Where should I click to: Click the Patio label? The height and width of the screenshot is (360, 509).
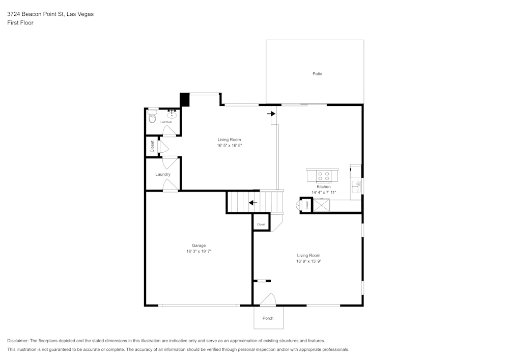pos(317,74)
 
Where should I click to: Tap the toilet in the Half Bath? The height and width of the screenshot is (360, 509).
pos(152,118)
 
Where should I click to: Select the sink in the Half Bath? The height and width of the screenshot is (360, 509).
pos(172,114)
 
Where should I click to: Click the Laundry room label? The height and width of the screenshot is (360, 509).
pos(163,174)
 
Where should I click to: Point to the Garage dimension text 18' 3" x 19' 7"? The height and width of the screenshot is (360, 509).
pos(199,252)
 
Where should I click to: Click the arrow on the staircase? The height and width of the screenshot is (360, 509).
pos(253,203)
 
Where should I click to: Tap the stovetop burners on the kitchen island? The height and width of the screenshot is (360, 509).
pos(323,176)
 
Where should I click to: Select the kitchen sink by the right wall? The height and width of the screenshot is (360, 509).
pos(357,184)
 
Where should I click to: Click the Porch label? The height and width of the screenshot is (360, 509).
pos(268,318)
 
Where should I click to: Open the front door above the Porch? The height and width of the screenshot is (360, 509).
pos(268,300)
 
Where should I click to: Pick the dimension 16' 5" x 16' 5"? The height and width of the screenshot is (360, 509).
pos(229,146)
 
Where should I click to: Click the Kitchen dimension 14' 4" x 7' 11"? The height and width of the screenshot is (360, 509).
pos(324,192)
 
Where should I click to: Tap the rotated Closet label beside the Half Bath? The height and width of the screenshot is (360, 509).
pos(152,147)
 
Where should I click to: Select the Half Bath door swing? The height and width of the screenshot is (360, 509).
pos(169,131)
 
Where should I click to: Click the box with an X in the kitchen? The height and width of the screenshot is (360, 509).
pos(321,205)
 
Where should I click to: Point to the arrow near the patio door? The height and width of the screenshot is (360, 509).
pos(271,114)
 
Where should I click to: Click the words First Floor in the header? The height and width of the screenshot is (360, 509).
pos(20,23)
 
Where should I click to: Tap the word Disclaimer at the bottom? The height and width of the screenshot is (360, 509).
pos(18,341)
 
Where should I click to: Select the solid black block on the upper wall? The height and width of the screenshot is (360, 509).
pos(185,99)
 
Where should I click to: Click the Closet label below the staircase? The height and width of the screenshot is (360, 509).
pos(261,224)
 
